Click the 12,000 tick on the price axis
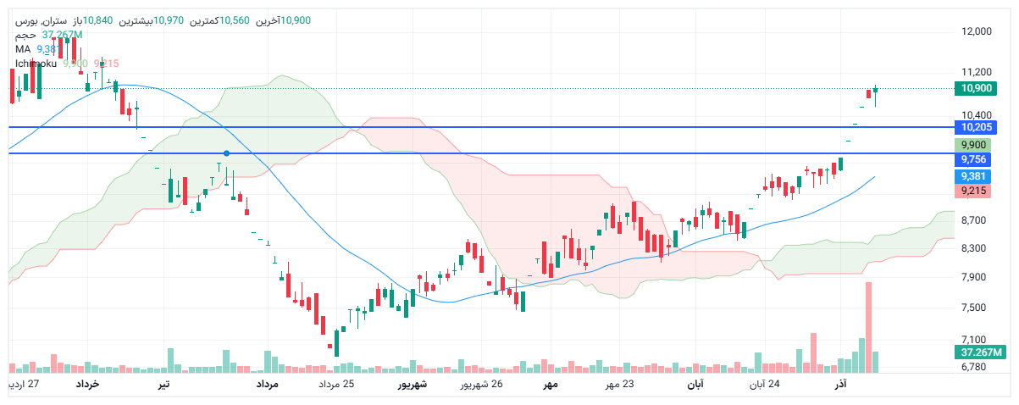[977, 32]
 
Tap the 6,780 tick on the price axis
[977, 367]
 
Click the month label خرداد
[88, 386]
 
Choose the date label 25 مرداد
[336, 386]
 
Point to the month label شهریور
[413, 386]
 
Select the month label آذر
[840, 386]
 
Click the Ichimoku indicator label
[36, 64]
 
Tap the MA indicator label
[23, 49]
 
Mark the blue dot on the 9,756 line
[226, 153]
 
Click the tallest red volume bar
[868, 327]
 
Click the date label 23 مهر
[619, 386]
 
